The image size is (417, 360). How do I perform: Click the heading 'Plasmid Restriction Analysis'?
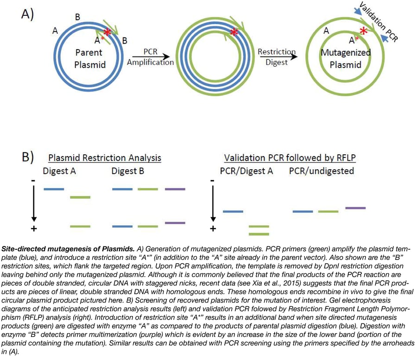[105, 158]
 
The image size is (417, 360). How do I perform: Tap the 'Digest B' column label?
[128, 171]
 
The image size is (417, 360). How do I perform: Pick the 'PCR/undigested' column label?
[322, 171]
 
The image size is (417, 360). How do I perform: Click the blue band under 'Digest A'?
[54, 189]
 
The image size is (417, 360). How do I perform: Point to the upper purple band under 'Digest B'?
[175, 189]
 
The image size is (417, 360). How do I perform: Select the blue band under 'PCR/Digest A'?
[233, 211]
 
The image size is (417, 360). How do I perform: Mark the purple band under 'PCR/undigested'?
[355, 208]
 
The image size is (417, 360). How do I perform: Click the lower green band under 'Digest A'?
[80, 226]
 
